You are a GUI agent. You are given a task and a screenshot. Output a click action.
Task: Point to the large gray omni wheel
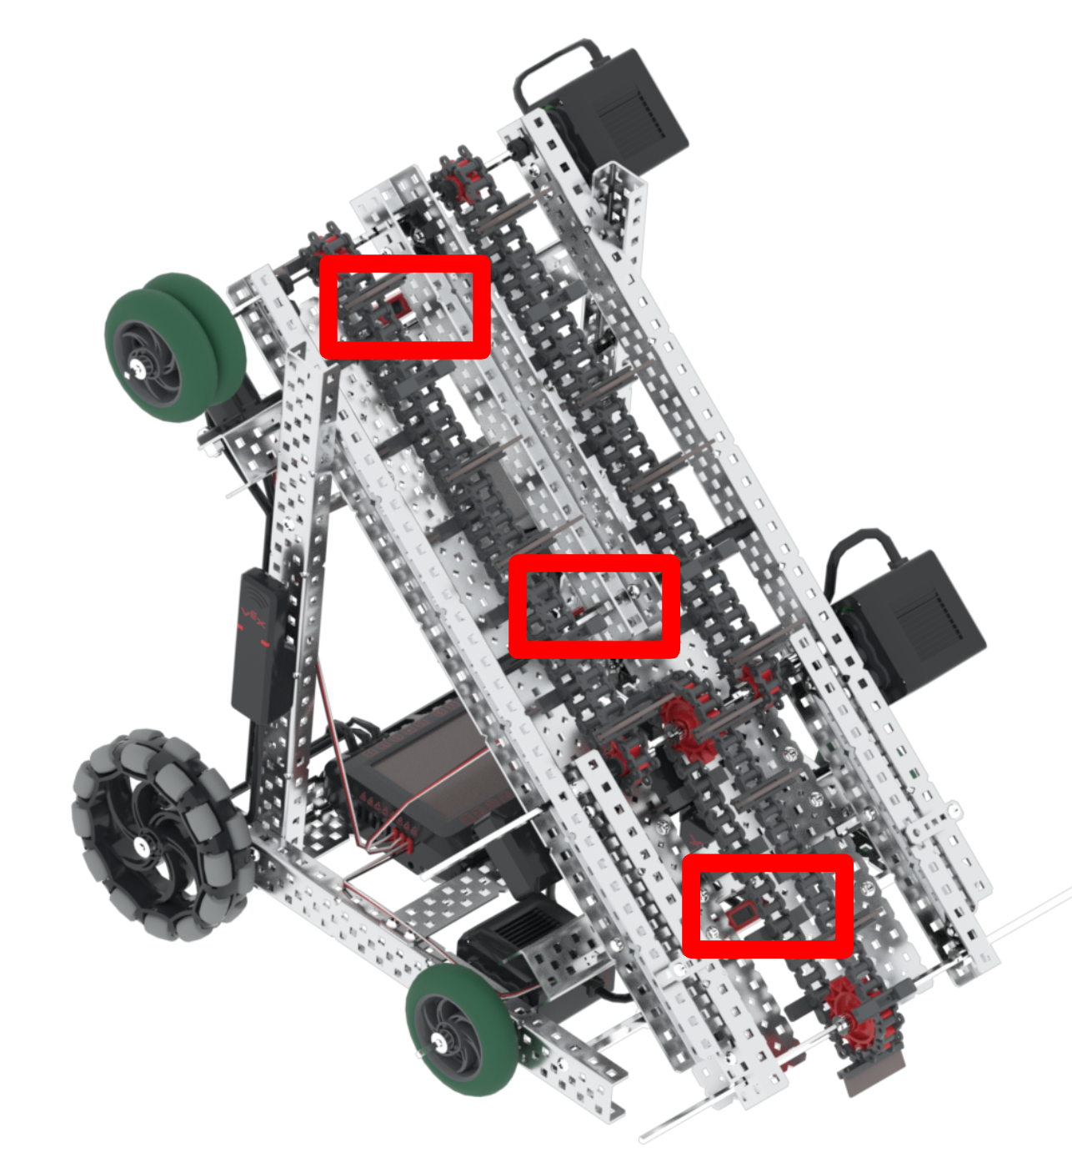(x=158, y=834)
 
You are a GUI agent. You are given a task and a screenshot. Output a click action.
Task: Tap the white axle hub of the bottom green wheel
(x=437, y=1040)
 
